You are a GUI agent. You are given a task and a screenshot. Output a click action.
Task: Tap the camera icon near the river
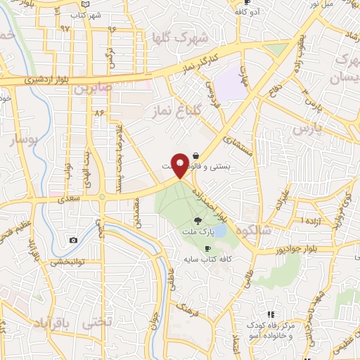[x=73, y=240]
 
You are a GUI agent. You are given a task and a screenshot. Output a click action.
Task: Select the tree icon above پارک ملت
[x=205, y=220]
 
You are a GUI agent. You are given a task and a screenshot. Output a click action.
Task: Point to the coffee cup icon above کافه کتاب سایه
[x=207, y=249]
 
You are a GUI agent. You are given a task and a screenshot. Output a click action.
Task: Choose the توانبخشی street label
[x=67, y=262]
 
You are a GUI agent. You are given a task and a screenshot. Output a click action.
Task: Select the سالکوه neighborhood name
[x=258, y=231]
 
